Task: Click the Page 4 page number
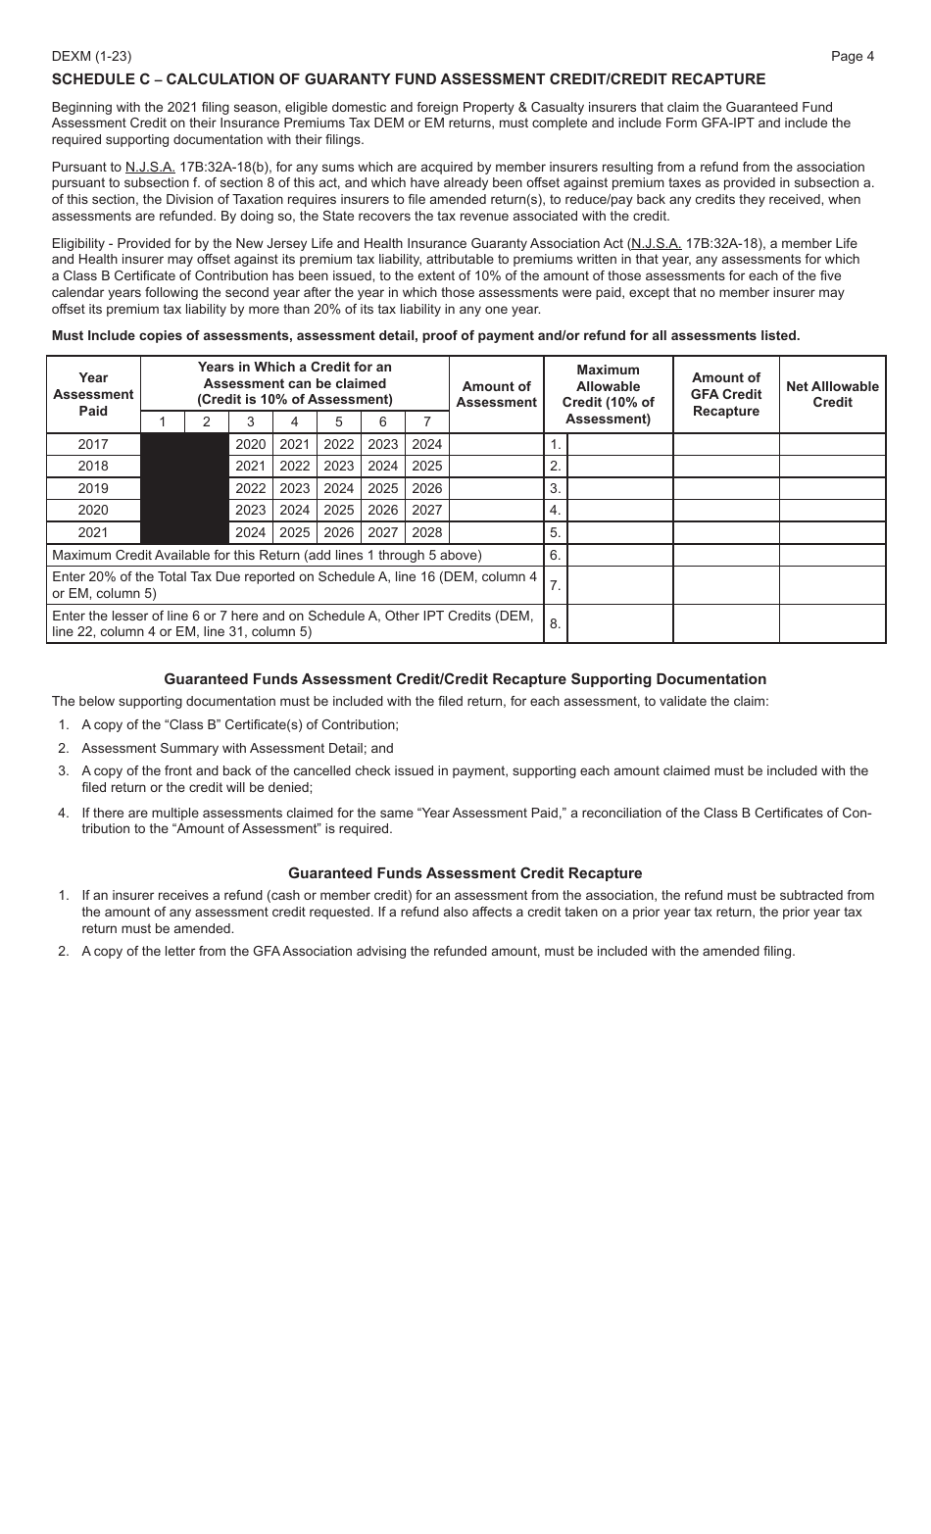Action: (x=852, y=56)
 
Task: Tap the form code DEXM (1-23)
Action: (x=91, y=56)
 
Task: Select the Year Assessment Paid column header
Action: (x=93, y=394)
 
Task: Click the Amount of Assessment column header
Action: (x=496, y=394)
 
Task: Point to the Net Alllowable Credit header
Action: (x=832, y=394)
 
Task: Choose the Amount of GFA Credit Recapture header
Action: (x=725, y=394)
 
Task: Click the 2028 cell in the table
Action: (x=426, y=533)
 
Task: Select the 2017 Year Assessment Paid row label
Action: (x=93, y=444)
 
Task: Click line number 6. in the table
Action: (x=555, y=555)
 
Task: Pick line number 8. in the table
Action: (x=555, y=623)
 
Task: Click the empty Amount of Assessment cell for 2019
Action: (x=496, y=488)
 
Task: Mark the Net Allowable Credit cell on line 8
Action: (x=832, y=623)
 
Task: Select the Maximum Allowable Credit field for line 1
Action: (x=619, y=444)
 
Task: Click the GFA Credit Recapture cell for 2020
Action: (x=725, y=511)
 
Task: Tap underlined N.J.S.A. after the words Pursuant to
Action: (x=150, y=167)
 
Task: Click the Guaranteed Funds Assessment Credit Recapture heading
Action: (x=465, y=873)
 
